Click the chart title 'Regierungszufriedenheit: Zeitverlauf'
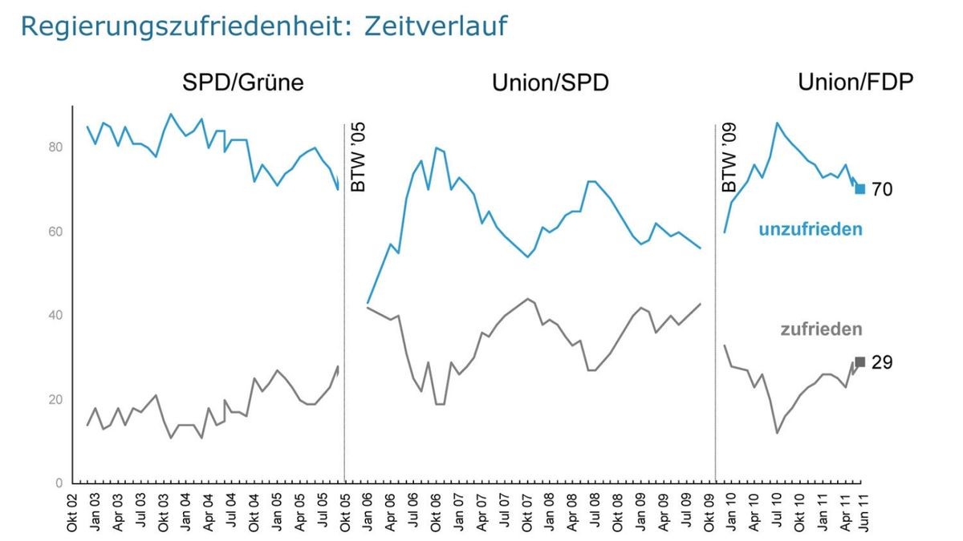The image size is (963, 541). click(264, 26)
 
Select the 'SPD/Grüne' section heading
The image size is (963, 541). click(243, 83)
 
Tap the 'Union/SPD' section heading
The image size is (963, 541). click(550, 83)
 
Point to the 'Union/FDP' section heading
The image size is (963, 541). click(855, 83)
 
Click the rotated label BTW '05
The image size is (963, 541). click(359, 157)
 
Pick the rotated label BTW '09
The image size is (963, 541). click(729, 157)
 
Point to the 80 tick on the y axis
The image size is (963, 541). click(55, 147)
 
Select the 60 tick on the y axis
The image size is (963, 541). click(55, 232)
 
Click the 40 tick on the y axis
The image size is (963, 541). click(55, 315)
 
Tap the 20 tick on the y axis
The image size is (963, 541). click(55, 399)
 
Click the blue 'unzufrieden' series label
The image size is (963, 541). click(811, 230)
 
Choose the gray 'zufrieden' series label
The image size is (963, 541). click(821, 329)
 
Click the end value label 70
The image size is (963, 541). click(882, 190)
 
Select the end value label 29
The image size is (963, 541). click(882, 363)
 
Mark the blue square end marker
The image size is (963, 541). click(860, 189)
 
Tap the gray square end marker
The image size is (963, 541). click(860, 361)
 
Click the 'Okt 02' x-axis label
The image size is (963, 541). click(73, 513)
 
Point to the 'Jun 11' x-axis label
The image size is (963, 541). click(861, 513)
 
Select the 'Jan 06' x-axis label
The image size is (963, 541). click(368, 513)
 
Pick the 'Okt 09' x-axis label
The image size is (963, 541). click(709, 513)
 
